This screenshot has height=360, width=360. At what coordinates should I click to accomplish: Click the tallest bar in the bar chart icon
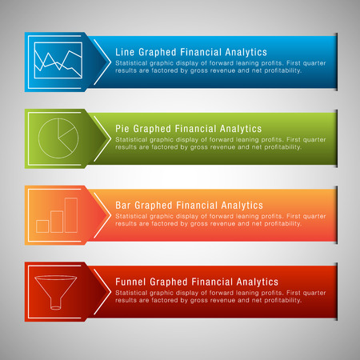pyautogui.click(x=70, y=214)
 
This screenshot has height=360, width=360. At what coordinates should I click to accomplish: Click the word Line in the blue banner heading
pyautogui.click(x=126, y=50)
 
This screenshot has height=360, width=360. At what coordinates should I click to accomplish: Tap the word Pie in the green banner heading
pyautogui.click(x=123, y=128)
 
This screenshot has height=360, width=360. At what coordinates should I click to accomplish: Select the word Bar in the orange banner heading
pyautogui.click(x=125, y=206)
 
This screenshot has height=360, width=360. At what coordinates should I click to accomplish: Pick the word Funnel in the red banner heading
pyautogui.click(x=131, y=282)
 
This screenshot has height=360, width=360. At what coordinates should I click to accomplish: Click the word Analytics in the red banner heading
pyautogui.click(x=256, y=282)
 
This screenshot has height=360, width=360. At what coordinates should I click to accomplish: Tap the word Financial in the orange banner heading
pyautogui.click(x=195, y=206)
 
